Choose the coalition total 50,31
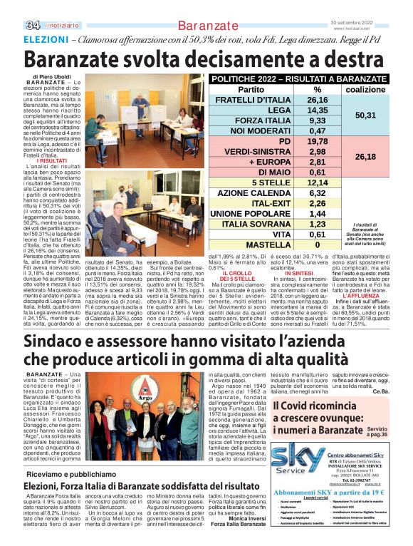[x=365, y=115]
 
